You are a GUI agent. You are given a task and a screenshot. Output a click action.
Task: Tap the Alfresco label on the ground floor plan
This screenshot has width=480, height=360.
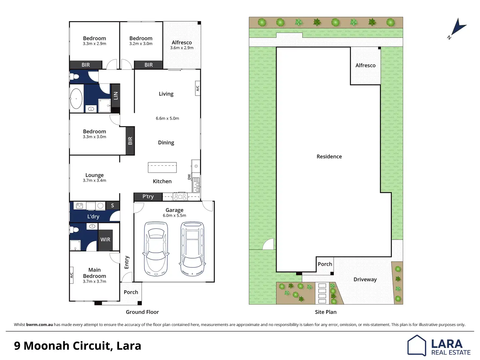[x=182, y=42]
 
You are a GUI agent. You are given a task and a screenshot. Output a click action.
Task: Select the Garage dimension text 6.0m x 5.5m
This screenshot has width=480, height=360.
[x=174, y=216]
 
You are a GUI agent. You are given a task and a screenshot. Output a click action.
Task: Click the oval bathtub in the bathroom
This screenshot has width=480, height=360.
[x=76, y=98]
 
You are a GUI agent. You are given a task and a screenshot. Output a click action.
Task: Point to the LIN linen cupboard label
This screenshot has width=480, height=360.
[x=115, y=96]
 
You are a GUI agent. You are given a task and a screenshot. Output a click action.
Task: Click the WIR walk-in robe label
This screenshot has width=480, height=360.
[x=105, y=239]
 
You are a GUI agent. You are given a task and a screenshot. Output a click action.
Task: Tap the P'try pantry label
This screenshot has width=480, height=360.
[x=148, y=197]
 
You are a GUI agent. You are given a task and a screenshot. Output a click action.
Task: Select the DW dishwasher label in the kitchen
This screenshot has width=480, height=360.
[x=189, y=177]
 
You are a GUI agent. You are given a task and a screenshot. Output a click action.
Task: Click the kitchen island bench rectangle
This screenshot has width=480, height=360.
[x=162, y=167]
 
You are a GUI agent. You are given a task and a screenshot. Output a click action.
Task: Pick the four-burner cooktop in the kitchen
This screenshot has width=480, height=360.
[x=180, y=197]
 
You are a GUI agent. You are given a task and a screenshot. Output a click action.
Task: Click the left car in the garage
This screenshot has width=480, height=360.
[x=156, y=249]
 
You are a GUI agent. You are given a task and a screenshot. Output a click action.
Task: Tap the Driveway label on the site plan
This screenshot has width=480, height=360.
[x=365, y=279]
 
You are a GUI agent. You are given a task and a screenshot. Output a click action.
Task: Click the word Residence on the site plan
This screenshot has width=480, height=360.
[x=329, y=157]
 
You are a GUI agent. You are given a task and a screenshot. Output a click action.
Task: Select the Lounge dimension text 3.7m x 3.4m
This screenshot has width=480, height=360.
[x=94, y=180]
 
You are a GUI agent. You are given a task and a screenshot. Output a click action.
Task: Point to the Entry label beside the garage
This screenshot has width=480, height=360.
[x=127, y=262]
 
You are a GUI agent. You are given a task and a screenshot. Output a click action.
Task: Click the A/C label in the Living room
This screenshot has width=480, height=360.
[x=198, y=88]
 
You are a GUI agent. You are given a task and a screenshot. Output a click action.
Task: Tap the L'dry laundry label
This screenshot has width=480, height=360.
[x=93, y=217]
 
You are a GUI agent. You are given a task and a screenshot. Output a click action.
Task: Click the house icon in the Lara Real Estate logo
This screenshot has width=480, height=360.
[x=417, y=345]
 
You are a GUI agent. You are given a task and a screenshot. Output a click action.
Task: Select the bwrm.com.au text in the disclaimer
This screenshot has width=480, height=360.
[x=39, y=324]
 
